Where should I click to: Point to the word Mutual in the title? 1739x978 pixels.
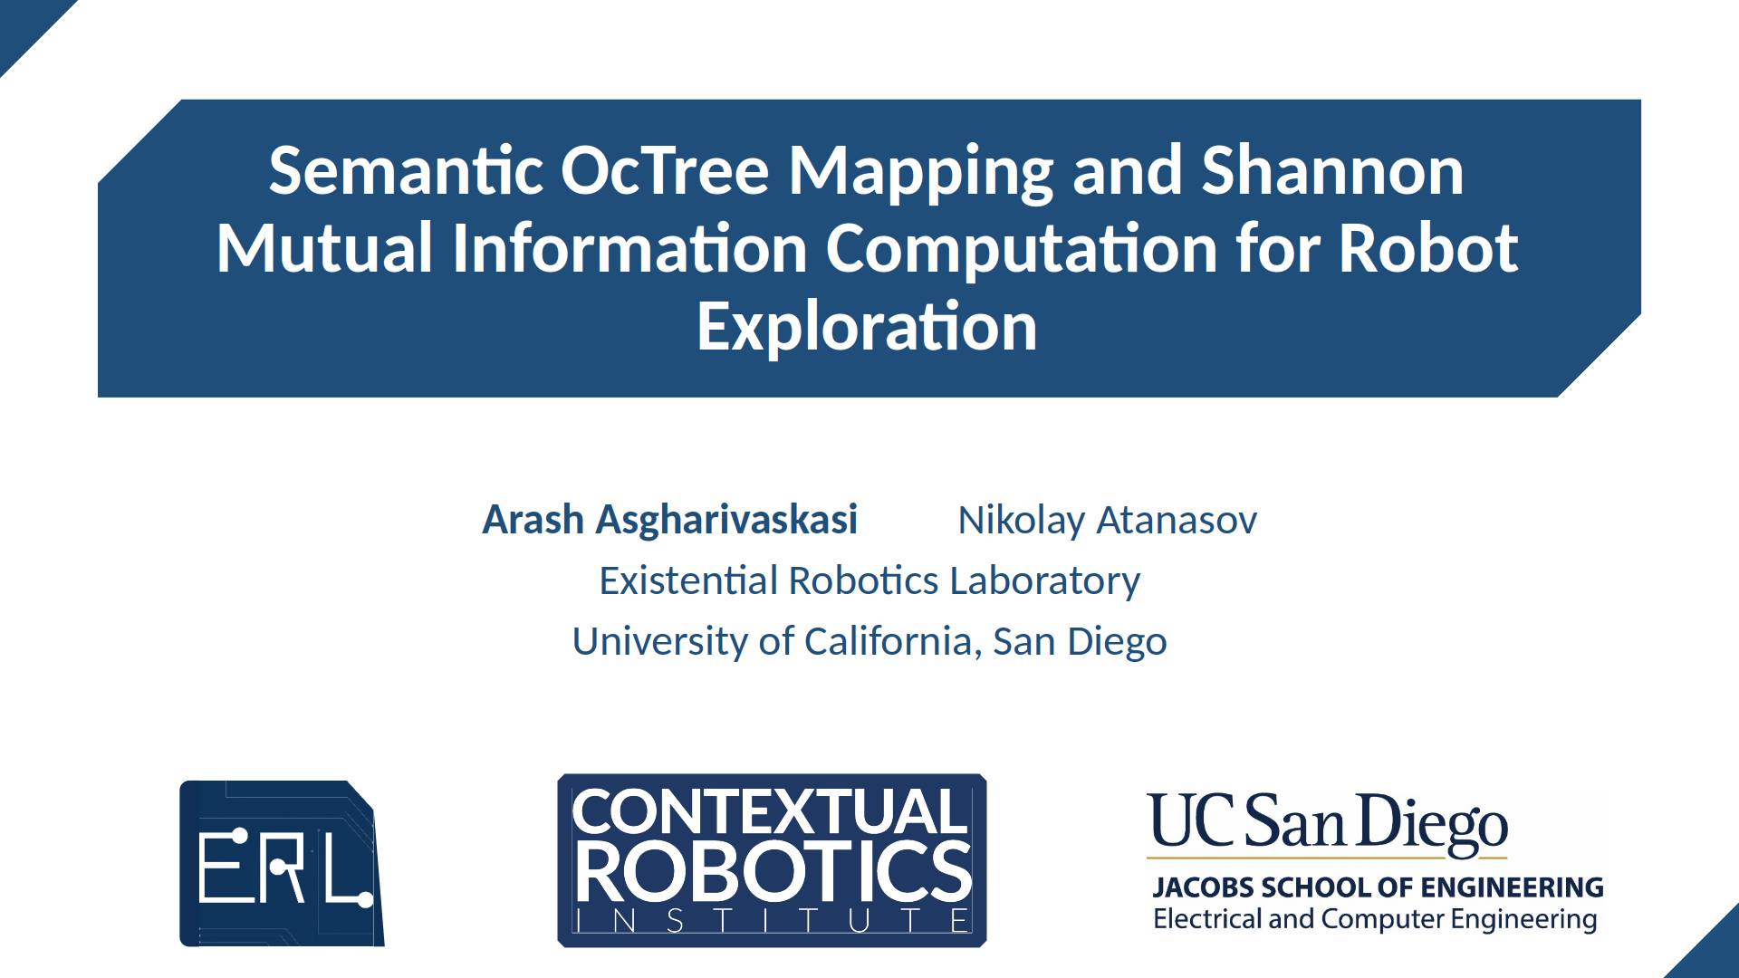(x=324, y=248)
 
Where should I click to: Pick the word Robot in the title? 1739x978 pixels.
(x=1428, y=248)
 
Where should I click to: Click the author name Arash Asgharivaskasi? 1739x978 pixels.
(x=670, y=520)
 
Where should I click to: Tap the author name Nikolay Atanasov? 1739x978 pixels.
(x=1108, y=521)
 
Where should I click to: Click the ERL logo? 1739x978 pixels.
(x=282, y=863)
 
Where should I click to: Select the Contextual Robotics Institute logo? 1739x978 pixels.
(x=772, y=860)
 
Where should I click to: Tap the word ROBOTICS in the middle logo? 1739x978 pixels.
(x=773, y=872)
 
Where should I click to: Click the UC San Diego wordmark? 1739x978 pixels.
(x=1327, y=822)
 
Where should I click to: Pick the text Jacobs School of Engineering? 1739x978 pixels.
(x=1378, y=887)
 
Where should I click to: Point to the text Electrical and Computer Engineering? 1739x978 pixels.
(x=1375, y=919)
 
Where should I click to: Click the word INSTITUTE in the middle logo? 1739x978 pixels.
(x=773, y=921)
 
